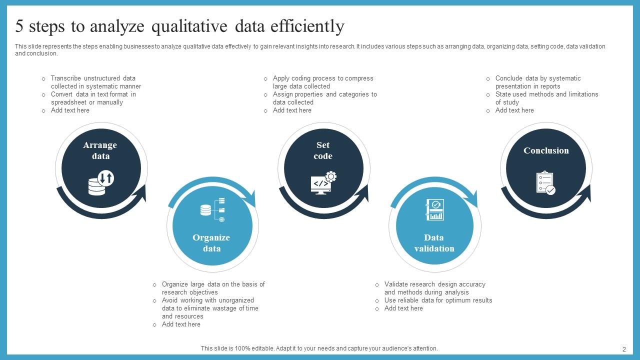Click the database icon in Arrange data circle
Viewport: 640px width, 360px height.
pos(100,182)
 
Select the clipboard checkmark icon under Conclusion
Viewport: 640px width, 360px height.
pos(545,183)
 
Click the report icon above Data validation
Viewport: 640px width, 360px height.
pos(434,210)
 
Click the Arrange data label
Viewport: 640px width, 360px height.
pos(100,150)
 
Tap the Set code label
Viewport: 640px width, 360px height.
pos(323,150)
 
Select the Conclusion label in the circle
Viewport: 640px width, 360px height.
pos(546,150)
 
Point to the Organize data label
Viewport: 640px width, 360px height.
pos(211,243)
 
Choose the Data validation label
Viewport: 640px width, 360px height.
pos(434,243)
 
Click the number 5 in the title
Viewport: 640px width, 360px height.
pos(19,26)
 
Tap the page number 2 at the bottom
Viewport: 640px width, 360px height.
pos(624,349)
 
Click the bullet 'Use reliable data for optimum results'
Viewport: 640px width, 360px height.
pos(438,300)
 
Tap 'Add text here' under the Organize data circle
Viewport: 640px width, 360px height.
pos(181,324)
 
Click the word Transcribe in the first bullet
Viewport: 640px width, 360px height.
pos(66,78)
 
